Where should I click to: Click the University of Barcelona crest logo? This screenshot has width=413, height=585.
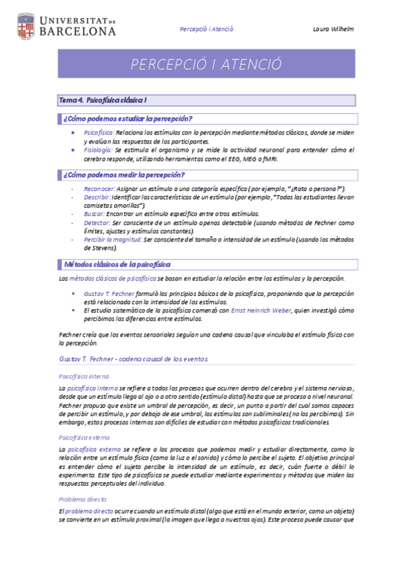(25, 26)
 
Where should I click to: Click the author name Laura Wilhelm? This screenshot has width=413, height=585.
(332, 30)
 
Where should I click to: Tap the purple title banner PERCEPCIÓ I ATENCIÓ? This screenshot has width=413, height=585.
(206, 64)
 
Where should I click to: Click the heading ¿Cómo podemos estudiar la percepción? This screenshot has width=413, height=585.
(128, 119)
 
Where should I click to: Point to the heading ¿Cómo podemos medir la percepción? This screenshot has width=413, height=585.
(123, 175)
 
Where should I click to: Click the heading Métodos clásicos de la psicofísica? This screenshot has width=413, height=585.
(117, 264)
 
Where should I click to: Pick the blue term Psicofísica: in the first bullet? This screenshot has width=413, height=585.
(99, 132)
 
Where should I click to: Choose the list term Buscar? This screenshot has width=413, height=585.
(95, 215)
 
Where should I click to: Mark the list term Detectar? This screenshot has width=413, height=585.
(97, 223)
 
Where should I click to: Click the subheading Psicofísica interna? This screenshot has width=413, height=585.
(83, 377)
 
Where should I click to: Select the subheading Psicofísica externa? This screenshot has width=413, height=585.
(84, 438)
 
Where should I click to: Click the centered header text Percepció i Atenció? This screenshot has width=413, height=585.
(206, 30)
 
